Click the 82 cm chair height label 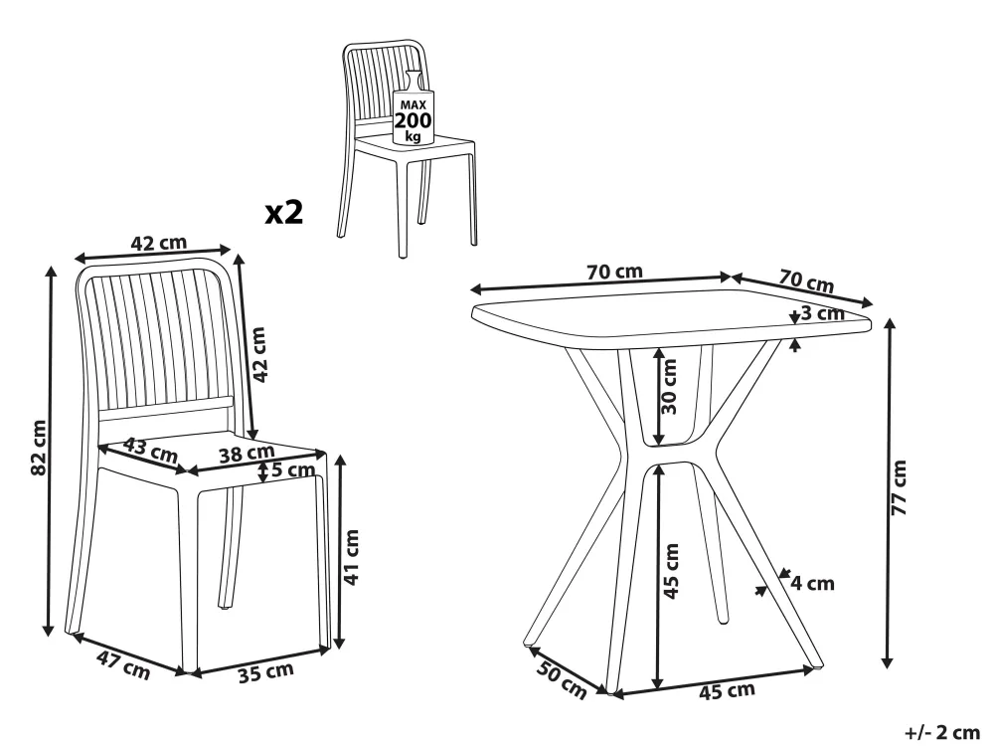coord(39,448)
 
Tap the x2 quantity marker coord(284,213)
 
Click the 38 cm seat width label coord(247,455)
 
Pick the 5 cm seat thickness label coord(293,470)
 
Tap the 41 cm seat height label coord(351,556)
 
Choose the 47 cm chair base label coord(123,665)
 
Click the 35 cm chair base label coord(266,671)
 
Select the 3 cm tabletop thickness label coord(822,313)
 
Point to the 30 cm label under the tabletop coord(669,386)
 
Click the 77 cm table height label coord(899,487)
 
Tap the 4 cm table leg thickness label coord(812,583)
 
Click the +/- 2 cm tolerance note coord(942,733)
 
